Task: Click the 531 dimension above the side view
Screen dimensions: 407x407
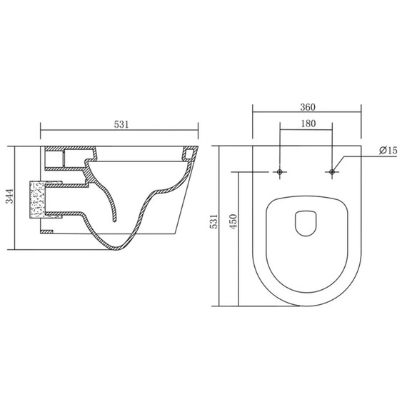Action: tap(121, 124)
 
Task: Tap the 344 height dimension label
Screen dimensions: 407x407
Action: tap(9, 196)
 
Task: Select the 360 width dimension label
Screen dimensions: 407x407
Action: tap(308, 107)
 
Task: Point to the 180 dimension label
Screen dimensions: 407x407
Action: tap(308, 124)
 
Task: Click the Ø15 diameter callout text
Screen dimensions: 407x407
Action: tap(388, 150)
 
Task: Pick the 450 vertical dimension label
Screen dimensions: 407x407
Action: tap(233, 221)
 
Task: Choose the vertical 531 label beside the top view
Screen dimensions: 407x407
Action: tap(214, 221)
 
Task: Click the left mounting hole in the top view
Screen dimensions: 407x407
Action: tap(280, 172)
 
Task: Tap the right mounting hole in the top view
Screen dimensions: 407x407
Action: tap(332, 172)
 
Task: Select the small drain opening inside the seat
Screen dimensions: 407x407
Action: tap(306, 223)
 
